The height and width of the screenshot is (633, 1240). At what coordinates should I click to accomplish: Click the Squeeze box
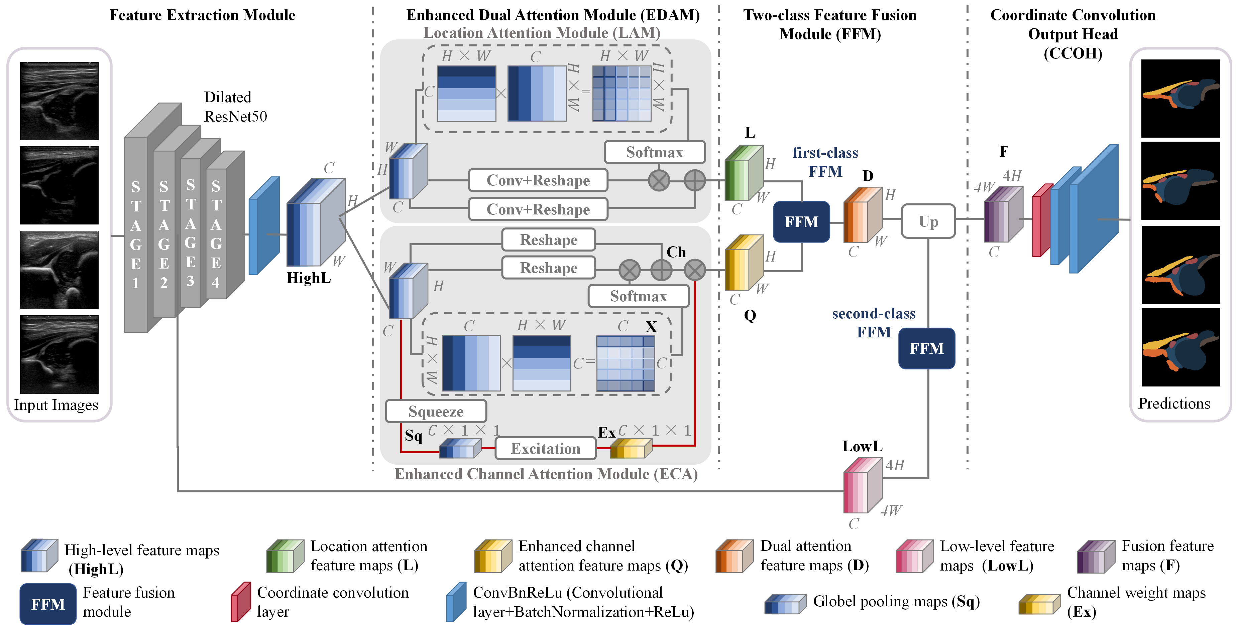[x=436, y=411]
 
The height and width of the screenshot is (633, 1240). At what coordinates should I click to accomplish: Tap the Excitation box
[x=545, y=448]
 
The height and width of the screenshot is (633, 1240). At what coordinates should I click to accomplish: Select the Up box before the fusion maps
[x=928, y=221]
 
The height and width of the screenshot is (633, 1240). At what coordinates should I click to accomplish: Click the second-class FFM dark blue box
[x=927, y=348]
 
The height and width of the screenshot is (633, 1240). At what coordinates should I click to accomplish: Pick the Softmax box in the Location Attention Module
[x=654, y=152]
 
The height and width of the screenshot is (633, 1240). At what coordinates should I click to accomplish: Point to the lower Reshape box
[x=548, y=268]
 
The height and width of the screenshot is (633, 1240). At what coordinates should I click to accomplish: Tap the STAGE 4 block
[x=216, y=234]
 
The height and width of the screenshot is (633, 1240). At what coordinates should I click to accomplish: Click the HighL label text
[x=309, y=278]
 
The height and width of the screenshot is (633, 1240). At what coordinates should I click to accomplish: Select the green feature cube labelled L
[x=744, y=173]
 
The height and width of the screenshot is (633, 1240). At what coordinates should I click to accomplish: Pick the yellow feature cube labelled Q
[x=744, y=263]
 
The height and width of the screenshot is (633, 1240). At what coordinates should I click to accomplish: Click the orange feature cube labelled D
[x=862, y=215]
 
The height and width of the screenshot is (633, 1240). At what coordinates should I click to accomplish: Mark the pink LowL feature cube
[x=862, y=486]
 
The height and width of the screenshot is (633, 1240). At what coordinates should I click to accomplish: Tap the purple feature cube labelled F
[x=1003, y=215]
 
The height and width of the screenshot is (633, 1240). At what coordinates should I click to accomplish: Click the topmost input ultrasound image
[x=59, y=101]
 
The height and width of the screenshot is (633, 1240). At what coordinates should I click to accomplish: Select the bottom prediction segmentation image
[x=1180, y=347]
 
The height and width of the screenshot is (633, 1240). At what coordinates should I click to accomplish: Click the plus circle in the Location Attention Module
[x=695, y=181]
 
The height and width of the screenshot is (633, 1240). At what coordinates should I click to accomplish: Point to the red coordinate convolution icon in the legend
[x=241, y=602]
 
